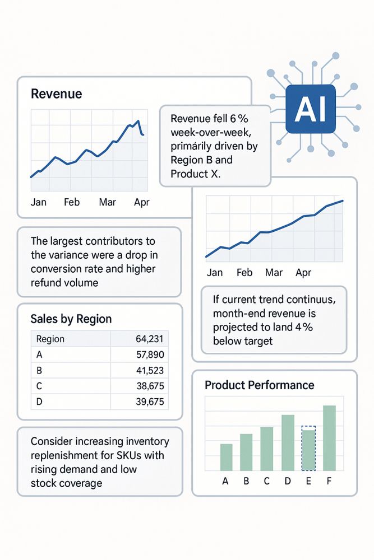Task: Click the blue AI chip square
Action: tap(310, 110)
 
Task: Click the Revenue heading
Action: tap(56, 94)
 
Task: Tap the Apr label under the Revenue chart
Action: tap(141, 202)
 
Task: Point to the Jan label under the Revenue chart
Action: tap(38, 202)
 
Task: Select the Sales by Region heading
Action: tap(71, 319)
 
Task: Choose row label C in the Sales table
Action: tap(39, 386)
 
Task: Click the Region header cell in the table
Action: tap(50, 339)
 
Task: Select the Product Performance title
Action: tap(259, 385)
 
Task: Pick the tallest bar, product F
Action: tap(329, 438)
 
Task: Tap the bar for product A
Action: tap(226, 457)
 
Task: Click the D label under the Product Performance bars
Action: tap(288, 480)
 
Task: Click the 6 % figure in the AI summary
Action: tap(235, 119)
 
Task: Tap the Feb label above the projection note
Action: tap(244, 273)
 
